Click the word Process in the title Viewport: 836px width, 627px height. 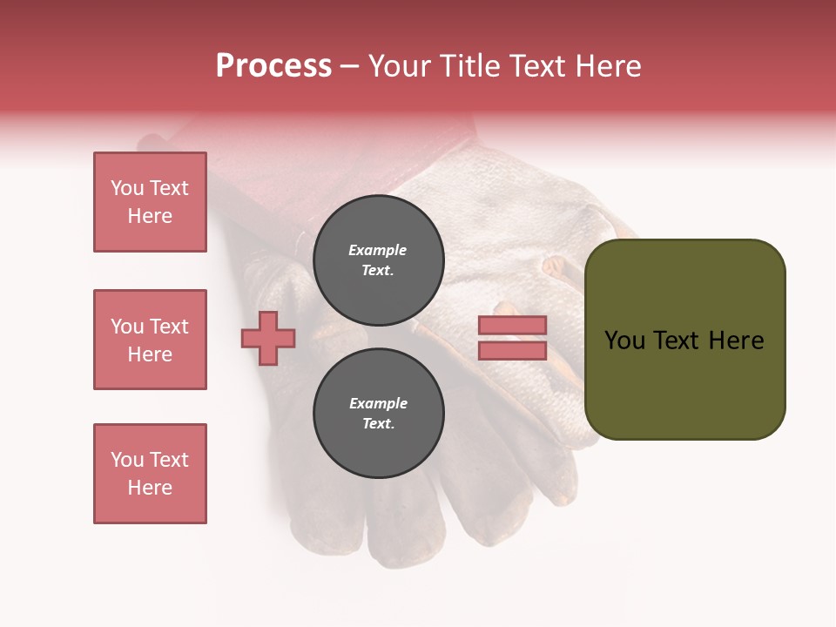(273, 66)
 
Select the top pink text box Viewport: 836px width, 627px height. (150, 202)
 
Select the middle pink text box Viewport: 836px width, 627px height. (150, 340)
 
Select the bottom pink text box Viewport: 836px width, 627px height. (150, 474)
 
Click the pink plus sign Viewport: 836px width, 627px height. (268, 338)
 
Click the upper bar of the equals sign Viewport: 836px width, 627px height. (512, 325)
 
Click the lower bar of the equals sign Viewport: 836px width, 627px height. (512, 351)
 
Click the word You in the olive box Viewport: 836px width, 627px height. (624, 340)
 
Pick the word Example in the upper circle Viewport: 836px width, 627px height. (377, 250)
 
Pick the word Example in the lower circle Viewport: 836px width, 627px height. (378, 403)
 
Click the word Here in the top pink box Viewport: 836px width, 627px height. (150, 216)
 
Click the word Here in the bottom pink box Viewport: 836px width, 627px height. (150, 488)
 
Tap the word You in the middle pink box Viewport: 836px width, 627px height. (125, 327)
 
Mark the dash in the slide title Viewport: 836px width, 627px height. (349, 66)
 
